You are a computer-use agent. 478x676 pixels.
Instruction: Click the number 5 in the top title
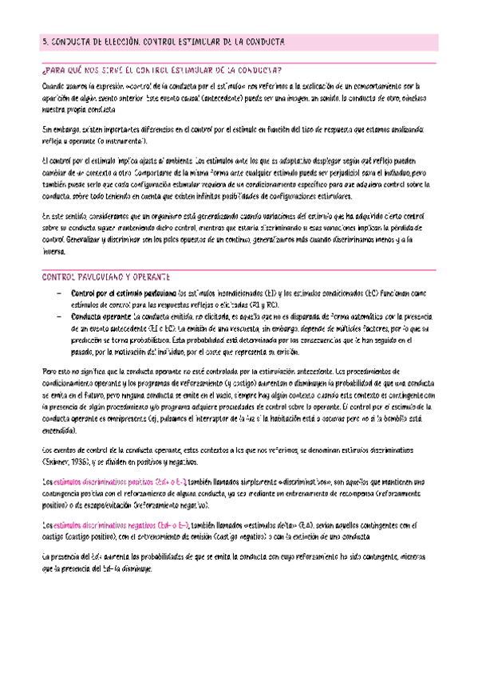[44, 41]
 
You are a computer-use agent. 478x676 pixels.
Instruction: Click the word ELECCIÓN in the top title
[118, 41]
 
